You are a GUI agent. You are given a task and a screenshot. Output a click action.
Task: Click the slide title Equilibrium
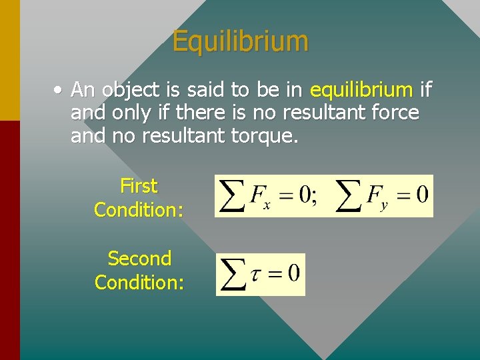[x=240, y=41]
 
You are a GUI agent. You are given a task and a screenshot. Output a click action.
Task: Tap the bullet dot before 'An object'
[x=60, y=89]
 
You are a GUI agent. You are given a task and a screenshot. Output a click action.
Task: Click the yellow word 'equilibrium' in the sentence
[x=362, y=89]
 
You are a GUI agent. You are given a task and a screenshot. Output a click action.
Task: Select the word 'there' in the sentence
[x=201, y=113]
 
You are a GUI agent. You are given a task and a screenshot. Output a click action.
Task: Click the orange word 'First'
[x=139, y=185]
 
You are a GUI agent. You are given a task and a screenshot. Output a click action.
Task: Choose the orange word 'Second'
[x=139, y=258]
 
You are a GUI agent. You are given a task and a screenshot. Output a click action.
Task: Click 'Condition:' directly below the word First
[x=139, y=209]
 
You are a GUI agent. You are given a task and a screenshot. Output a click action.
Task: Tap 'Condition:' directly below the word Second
[x=139, y=282]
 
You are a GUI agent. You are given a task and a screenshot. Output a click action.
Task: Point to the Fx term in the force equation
[x=260, y=197]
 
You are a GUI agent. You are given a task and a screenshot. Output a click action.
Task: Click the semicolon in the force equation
[x=314, y=197]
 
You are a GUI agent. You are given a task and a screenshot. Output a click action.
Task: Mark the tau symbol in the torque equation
[x=255, y=274]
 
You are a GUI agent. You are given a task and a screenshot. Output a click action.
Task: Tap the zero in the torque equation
[x=293, y=273]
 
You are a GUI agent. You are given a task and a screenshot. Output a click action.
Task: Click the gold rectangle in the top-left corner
[x=9, y=60]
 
